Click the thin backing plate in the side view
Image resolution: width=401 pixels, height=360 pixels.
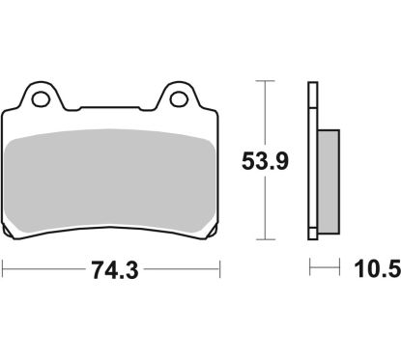(313, 164)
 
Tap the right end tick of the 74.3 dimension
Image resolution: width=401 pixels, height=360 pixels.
(218, 270)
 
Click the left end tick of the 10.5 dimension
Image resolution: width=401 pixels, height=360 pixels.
(309, 270)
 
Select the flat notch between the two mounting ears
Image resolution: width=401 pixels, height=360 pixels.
(109, 107)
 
